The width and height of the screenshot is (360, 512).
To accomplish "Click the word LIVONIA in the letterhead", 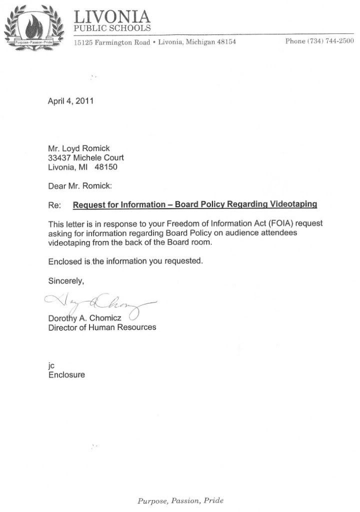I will tap(111, 17).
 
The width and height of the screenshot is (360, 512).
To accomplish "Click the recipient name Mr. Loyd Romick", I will tap(77, 148).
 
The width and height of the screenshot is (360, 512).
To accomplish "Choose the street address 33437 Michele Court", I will tap(85, 157).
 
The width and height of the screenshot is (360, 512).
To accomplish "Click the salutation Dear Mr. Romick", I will tap(80, 185).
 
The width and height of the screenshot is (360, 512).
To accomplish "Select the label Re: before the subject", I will tap(54, 205).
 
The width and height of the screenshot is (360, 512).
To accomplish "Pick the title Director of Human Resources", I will tap(102, 327).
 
